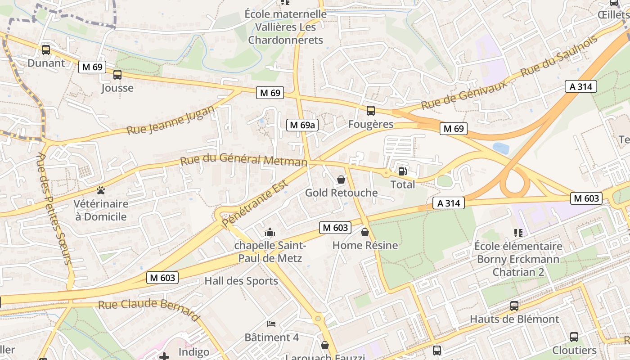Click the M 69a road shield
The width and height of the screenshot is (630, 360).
[302, 125]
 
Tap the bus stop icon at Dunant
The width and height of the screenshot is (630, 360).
[46, 50]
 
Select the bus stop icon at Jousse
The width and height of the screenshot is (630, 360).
[117, 75]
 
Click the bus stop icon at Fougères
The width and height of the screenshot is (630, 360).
[371, 111]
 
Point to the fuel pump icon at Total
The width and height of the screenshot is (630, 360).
[402, 171]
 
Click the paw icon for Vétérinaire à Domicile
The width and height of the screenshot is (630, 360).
[101, 190]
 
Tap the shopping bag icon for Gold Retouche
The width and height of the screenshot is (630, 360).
[341, 180]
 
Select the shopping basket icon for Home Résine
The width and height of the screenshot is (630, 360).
[365, 232]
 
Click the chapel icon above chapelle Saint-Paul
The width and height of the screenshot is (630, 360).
[270, 232]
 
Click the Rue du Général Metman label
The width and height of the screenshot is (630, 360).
[243, 160]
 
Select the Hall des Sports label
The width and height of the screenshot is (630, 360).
[241, 281]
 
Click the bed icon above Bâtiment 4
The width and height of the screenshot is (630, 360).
[271, 324]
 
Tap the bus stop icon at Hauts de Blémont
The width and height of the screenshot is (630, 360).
[514, 306]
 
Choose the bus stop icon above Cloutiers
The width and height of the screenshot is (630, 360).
[574, 337]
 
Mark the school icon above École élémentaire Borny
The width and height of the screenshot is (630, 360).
[518, 233]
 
